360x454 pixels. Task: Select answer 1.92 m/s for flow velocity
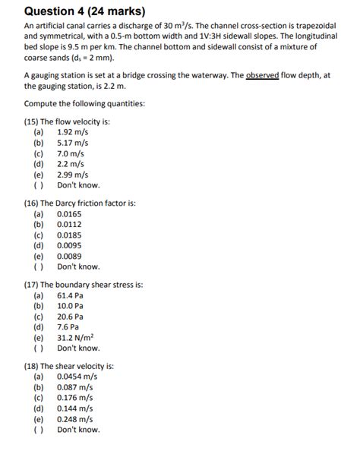tap(73, 131)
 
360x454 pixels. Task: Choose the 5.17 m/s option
tap(73, 142)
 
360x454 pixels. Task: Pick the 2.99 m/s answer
tap(73, 174)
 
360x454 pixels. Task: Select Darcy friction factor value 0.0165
tap(69, 214)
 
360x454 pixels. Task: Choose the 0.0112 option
tap(69, 224)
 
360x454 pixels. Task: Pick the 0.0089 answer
tap(69, 256)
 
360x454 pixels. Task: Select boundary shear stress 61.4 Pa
tap(71, 295)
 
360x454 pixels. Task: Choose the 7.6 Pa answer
tap(68, 327)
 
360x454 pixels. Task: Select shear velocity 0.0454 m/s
tap(75, 377)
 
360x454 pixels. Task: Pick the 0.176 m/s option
tap(75, 397)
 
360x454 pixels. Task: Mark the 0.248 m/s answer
tap(75, 418)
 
